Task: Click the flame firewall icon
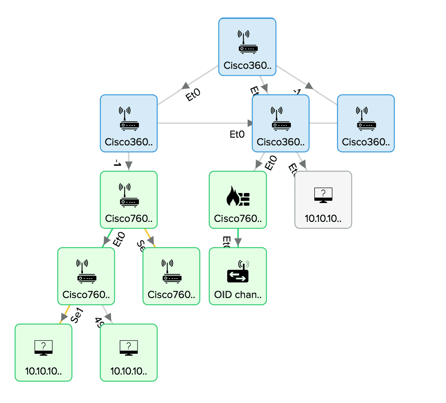(238, 197)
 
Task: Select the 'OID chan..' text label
(238, 295)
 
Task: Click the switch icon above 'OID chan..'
(238, 272)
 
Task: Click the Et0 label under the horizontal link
(237, 134)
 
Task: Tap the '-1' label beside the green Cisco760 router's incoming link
(117, 163)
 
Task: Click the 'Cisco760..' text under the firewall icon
(238, 218)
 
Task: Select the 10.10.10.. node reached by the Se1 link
(44, 352)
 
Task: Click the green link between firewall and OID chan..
(238, 234)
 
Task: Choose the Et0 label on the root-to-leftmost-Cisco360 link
(193, 95)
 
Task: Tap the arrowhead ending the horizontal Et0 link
(251, 123)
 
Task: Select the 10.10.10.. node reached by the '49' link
(129, 352)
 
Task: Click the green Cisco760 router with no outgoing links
(171, 276)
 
